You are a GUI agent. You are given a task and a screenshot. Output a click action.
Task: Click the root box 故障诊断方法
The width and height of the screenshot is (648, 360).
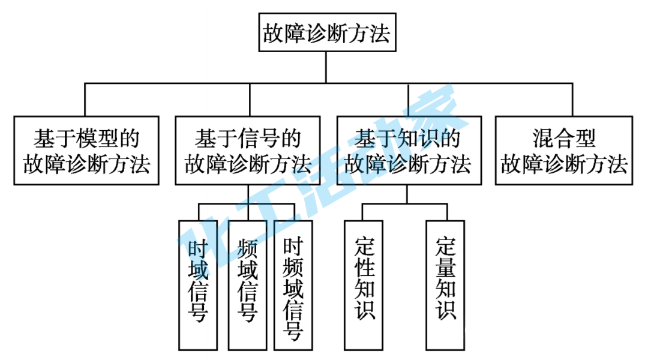pos(326,32)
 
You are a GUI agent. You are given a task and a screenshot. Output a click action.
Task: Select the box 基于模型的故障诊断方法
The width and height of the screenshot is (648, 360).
pos(87,150)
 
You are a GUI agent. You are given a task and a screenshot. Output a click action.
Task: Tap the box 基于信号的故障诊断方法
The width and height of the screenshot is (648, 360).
pos(247,150)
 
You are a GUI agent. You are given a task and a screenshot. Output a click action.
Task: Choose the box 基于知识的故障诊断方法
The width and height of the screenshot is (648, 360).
pos(407,150)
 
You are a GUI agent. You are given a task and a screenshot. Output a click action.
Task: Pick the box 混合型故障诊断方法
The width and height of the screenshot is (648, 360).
pos(564,150)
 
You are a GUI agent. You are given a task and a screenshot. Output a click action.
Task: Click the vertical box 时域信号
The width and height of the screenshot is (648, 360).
pos(198,284)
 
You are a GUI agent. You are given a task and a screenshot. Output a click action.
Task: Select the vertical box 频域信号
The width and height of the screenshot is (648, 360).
pos(247,284)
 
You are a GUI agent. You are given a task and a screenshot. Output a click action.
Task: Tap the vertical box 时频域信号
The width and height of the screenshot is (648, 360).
pos(292,284)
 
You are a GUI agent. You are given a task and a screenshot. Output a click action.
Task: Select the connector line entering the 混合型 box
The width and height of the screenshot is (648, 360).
pos(572,100)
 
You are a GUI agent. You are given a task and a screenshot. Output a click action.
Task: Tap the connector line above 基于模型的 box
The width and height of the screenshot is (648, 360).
pos(85,100)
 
